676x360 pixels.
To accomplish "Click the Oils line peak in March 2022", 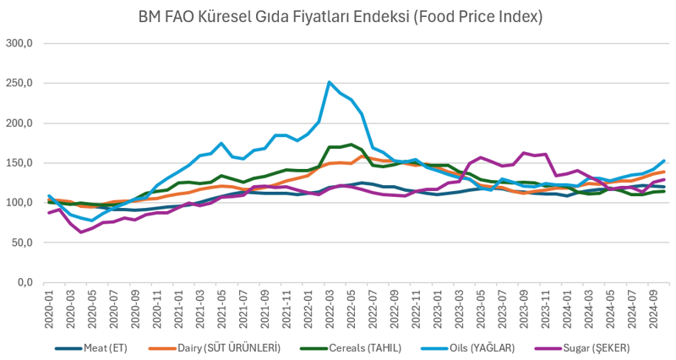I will pos(330,82).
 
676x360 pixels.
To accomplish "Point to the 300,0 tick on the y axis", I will pos(19,43).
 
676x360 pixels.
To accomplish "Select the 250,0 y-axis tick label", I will pos(19,83).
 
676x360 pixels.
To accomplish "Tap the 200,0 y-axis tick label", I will pos(19,123).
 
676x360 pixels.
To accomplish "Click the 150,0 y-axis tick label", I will pos(19,162).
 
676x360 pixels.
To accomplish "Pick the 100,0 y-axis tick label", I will pos(19,203).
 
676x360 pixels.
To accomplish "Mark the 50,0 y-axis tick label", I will pos(21,243).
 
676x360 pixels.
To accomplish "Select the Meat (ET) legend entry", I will pos(93,347).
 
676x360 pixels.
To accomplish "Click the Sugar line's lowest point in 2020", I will pos(82,232).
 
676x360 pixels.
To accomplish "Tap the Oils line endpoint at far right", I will pos(663,161).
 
